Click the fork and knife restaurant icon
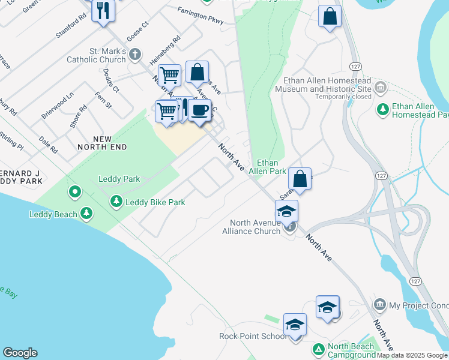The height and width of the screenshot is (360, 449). (103, 10)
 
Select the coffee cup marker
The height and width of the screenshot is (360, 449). (199, 110)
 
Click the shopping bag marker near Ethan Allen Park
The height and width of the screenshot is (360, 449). (300, 179)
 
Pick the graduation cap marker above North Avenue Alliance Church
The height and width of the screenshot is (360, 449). (286, 211)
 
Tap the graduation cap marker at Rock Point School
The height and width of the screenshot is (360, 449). (295, 325)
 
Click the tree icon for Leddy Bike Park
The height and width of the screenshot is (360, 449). (116, 202)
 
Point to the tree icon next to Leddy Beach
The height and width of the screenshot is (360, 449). (86, 214)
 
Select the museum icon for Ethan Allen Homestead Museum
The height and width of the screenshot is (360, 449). (380, 88)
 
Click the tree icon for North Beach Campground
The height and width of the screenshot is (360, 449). (319, 348)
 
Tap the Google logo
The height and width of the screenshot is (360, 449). (20, 353)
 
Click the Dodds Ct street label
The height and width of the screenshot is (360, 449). (111, 80)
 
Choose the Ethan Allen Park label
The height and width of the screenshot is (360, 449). (271, 167)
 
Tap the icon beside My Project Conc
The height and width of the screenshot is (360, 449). (379, 305)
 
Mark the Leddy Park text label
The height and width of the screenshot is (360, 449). (119, 179)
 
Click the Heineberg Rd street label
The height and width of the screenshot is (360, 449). (165, 52)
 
